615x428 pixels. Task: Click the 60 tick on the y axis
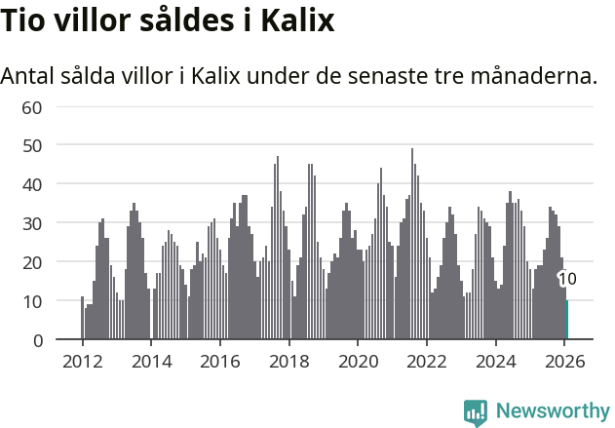[32, 106]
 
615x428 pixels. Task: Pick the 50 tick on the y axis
[32, 145]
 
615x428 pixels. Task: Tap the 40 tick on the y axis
[32, 184]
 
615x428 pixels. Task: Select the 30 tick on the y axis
[32, 223]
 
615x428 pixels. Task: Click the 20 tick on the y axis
[32, 262]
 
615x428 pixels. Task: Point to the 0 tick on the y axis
[37, 340]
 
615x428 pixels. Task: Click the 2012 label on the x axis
[82, 362]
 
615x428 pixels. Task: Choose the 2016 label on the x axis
[219, 362]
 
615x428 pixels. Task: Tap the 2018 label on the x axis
[288, 362]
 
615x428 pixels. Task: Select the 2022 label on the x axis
[426, 362]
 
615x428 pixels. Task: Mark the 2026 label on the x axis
[564, 362]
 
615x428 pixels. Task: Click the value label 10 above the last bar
[567, 280]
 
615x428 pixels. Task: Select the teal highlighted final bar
[567, 321]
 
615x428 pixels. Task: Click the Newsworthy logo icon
[476, 412]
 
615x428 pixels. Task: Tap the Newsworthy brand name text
[552, 411]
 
